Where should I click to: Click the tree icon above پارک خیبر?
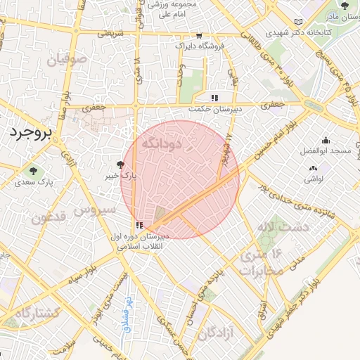pyautogui.click(x=121, y=165)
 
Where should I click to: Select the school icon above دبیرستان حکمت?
pyautogui.click(x=214, y=98)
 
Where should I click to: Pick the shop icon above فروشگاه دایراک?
pyautogui.click(x=200, y=34)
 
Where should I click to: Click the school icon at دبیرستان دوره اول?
pyautogui.click(x=138, y=225)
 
